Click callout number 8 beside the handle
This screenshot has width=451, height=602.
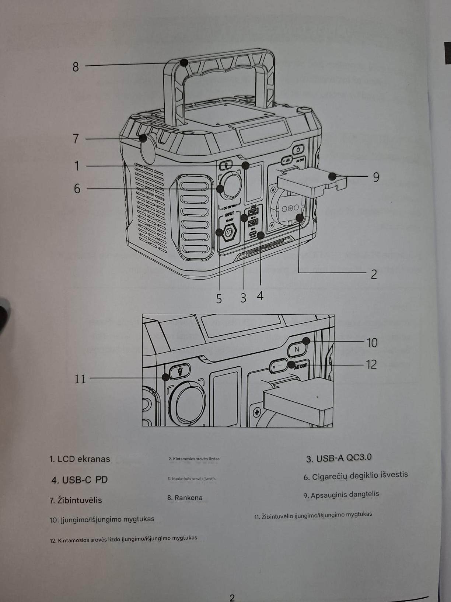pyautogui.click(x=76, y=67)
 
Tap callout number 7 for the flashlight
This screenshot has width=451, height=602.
pyautogui.click(x=76, y=139)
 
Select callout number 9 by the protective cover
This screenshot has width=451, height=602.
pyautogui.click(x=376, y=177)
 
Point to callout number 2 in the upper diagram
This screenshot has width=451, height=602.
pyautogui.click(x=374, y=274)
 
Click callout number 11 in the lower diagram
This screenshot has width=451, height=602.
pyautogui.click(x=80, y=378)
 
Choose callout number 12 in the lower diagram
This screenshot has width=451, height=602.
pyautogui.click(x=371, y=364)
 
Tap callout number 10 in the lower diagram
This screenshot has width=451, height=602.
pyautogui.click(x=372, y=343)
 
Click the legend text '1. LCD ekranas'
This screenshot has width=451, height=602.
pyautogui.click(x=80, y=459)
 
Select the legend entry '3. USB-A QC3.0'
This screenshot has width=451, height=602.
pyautogui.click(x=339, y=458)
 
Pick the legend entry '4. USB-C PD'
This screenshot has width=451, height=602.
pyautogui.click(x=80, y=480)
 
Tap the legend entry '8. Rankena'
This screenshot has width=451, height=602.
pyautogui.click(x=185, y=498)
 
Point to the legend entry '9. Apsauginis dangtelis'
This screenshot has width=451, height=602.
pyautogui.click(x=341, y=495)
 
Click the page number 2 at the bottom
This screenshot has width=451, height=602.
pyautogui.click(x=232, y=598)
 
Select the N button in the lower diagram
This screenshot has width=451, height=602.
pyautogui.click(x=297, y=349)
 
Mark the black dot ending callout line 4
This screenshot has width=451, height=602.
pyautogui.click(x=261, y=235)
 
